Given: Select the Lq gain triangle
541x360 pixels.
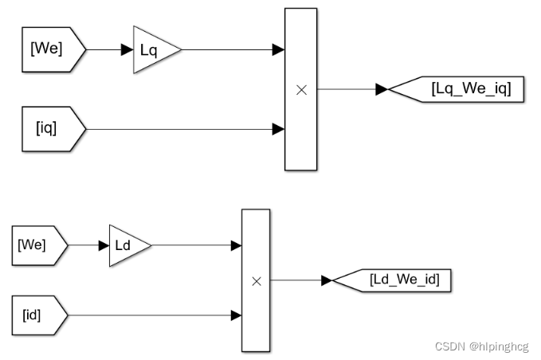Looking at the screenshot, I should (153, 50).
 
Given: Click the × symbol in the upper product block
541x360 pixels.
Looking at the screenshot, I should (301, 90).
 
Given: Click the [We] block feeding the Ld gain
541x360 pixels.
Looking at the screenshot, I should (37, 245).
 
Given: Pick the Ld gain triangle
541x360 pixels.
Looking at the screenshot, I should (127, 245).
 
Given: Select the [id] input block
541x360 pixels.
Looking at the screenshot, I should (37, 315).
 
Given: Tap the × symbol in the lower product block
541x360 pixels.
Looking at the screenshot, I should (257, 280).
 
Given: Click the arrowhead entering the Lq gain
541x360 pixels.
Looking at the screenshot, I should (127, 50).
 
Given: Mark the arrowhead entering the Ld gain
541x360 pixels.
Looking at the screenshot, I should (103, 245).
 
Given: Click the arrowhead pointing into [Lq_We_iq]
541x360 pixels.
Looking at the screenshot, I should (382, 90).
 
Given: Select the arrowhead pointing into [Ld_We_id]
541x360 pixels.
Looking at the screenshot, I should (326, 280).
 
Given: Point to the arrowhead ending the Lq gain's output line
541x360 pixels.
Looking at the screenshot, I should (279, 50).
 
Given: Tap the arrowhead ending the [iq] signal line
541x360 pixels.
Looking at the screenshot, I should (279, 128).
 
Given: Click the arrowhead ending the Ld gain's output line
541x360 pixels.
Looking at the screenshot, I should (236, 245).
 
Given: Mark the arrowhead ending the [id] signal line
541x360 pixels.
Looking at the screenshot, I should (236, 315).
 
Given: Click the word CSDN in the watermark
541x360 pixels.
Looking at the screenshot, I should (449, 346).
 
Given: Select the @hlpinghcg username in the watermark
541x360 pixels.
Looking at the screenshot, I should (499, 346).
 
